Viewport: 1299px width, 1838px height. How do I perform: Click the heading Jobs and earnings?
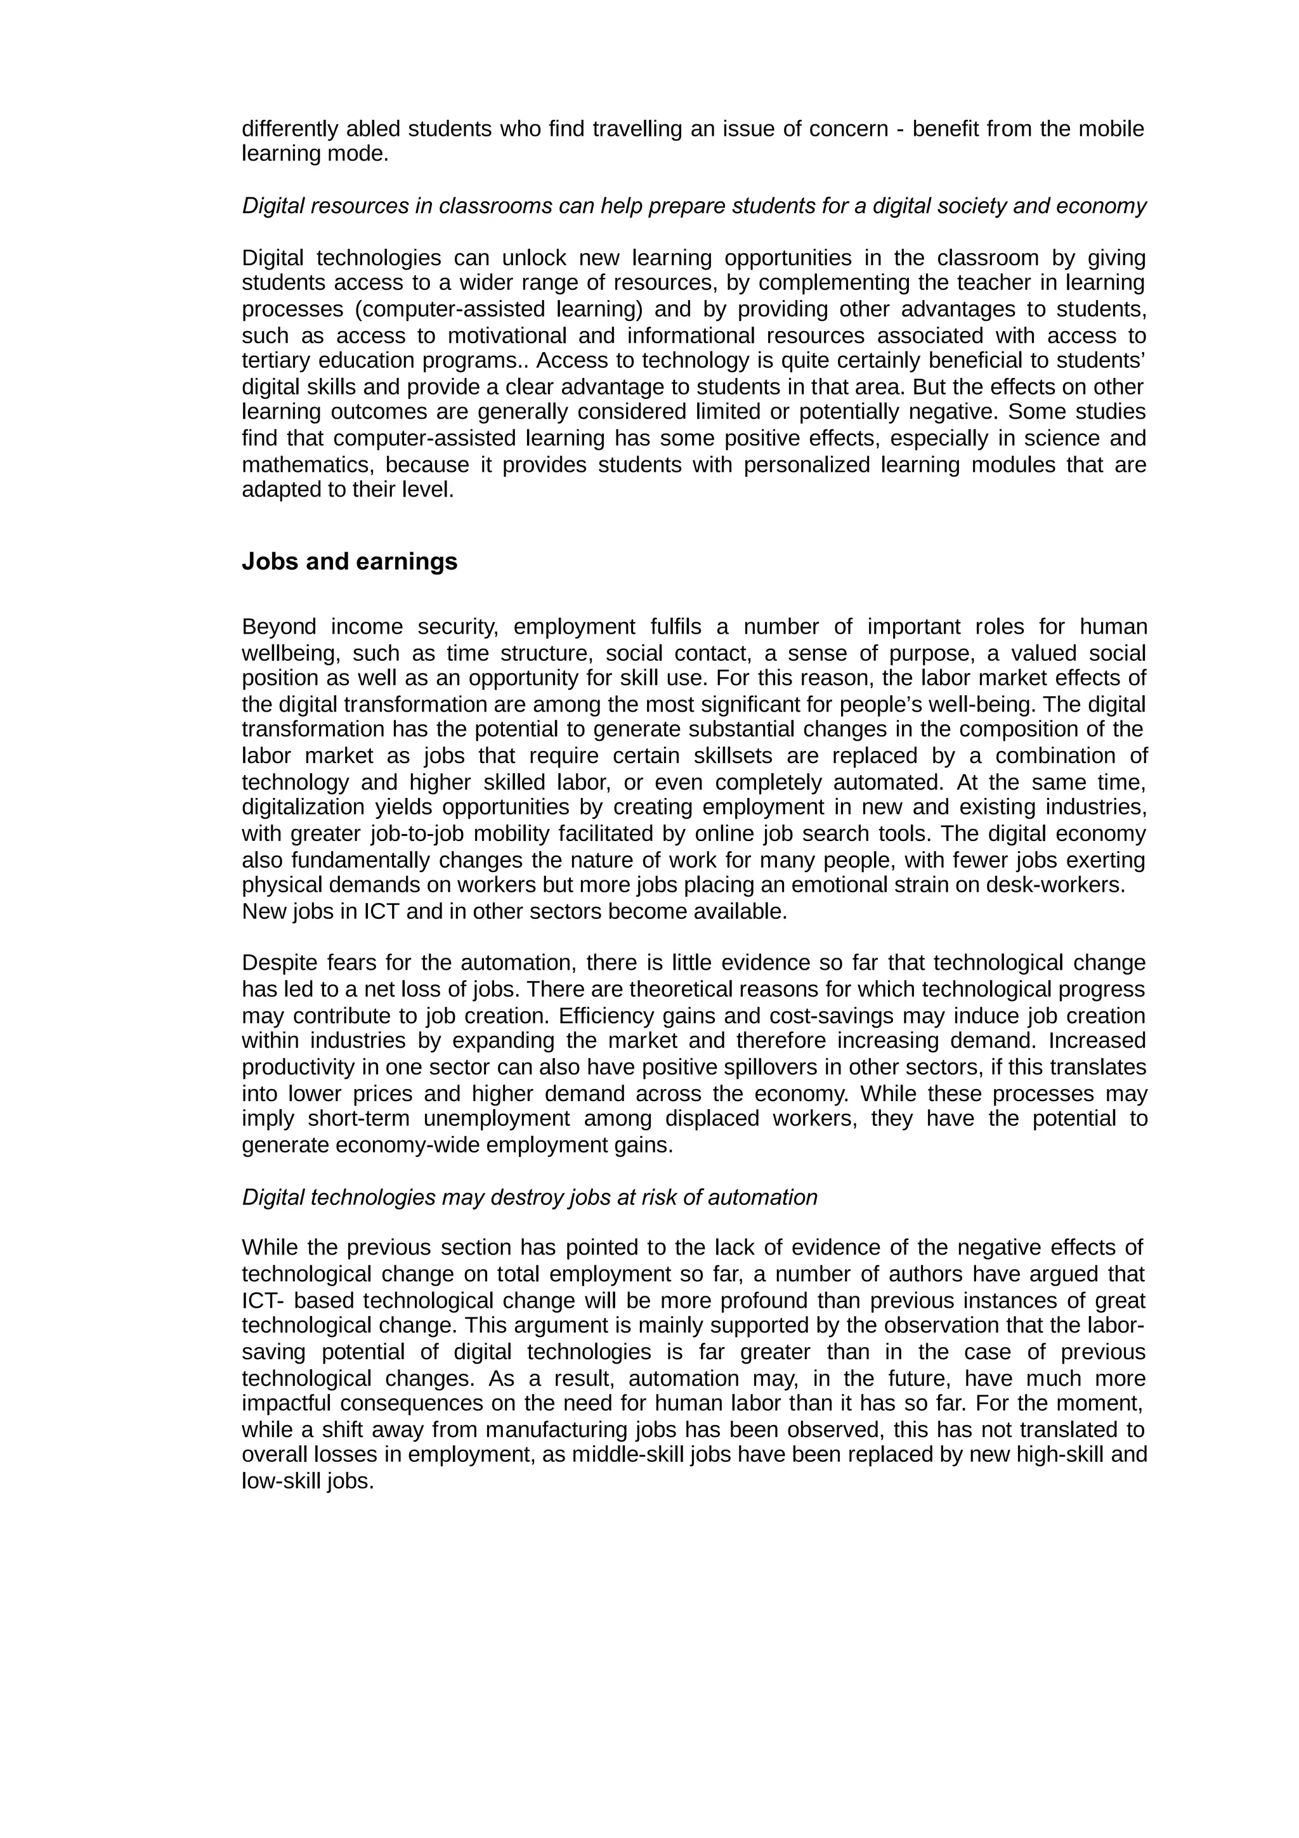[349, 562]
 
